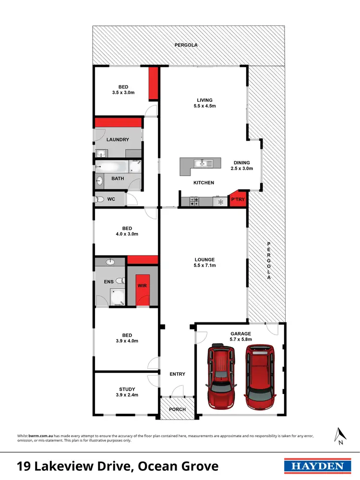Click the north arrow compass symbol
click(x=340, y=435)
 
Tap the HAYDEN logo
click(x=315, y=466)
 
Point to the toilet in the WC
click(x=100, y=199)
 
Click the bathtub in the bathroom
click(x=112, y=167)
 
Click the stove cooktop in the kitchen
click(x=194, y=201)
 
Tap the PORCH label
click(x=178, y=409)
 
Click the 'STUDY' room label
click(x=127, y=389)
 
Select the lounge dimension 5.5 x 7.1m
click(x=204, y=265)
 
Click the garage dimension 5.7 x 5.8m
click(x=240, y=340)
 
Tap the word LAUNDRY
click(x=118, y=140)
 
